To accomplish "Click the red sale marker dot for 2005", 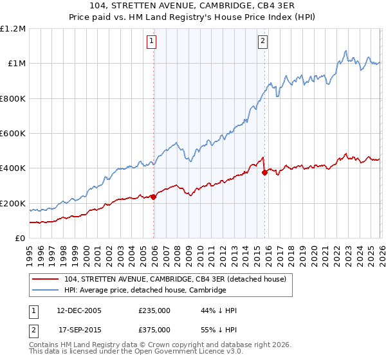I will (153, 197).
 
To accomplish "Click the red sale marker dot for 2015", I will (264, 172).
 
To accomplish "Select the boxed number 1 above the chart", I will (152, 42).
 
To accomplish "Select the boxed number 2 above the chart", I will (263, 42).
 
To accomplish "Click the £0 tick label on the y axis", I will (20, 239).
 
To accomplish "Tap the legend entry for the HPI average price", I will (145, 291).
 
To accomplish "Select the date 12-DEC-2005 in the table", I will (78, 310).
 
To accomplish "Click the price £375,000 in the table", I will (154, 329).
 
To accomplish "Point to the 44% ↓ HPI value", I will (219, 310).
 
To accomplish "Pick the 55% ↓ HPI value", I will (219, 329).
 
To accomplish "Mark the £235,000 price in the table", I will (154, 310).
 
